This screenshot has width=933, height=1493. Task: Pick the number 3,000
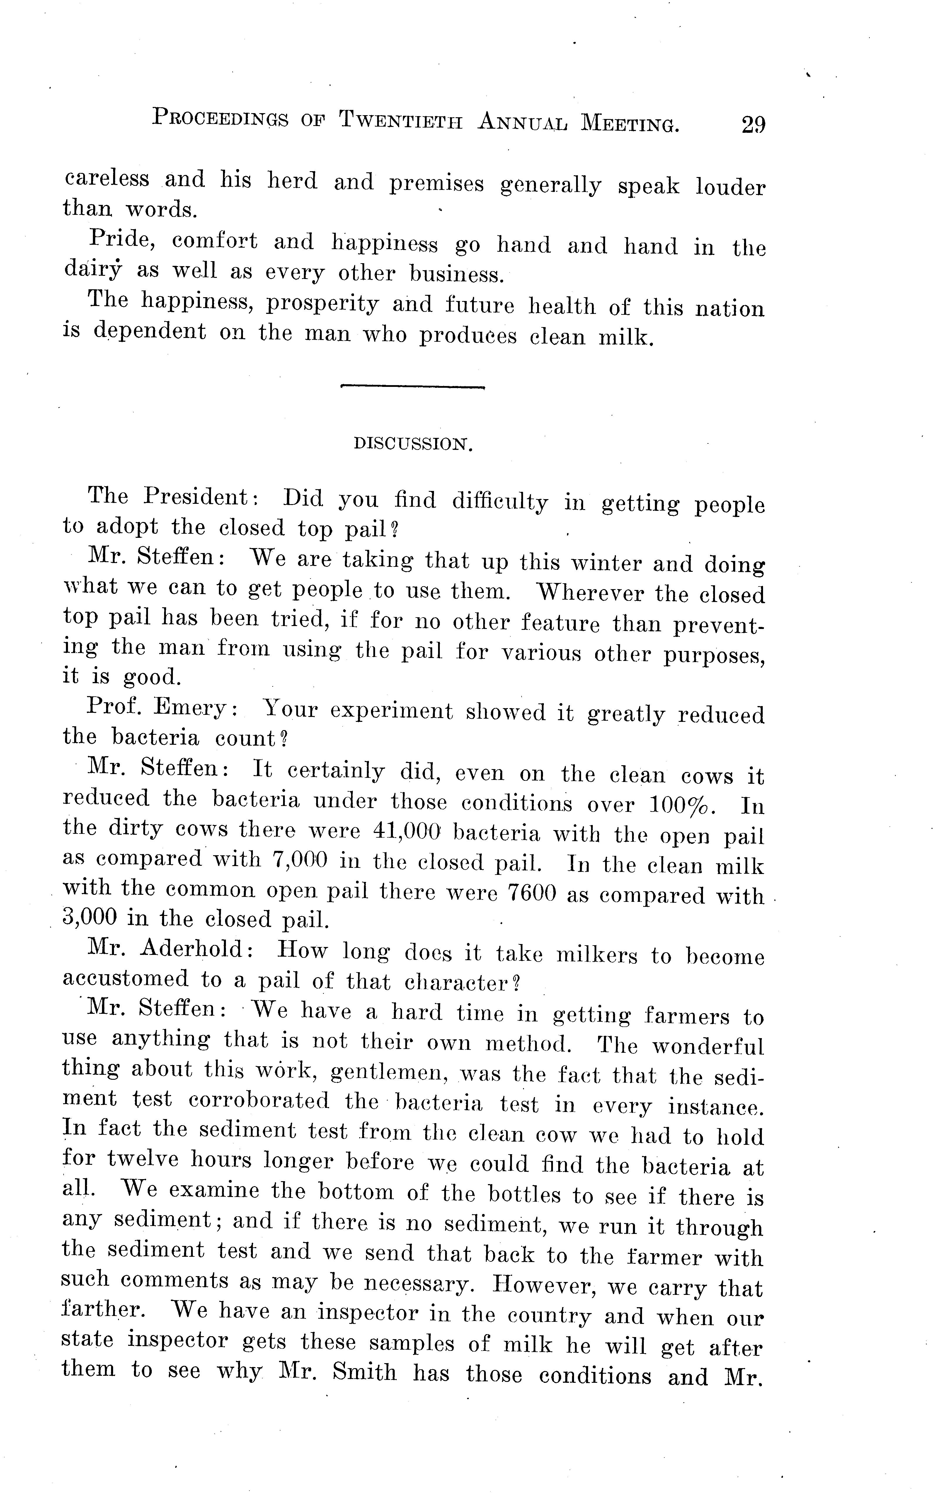click(90, 918)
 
